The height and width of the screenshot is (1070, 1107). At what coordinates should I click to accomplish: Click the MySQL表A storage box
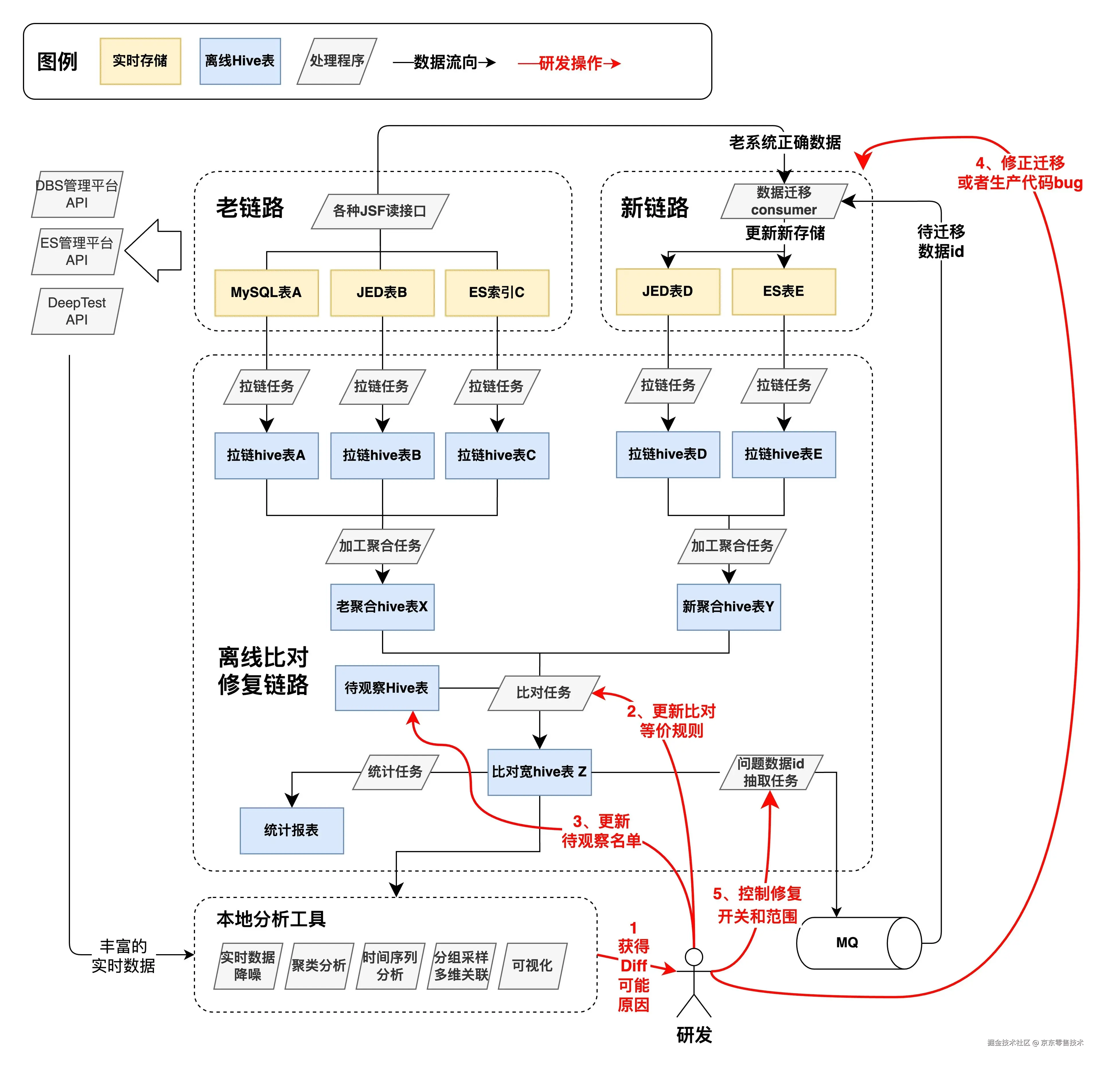(x=266, y=292)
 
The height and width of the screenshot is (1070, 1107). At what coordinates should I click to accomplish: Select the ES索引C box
(x=496, y=292)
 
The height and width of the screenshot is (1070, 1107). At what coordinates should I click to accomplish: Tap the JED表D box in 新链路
(x=668, y=291)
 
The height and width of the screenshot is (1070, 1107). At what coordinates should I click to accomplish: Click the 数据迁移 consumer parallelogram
(x=784, y=201)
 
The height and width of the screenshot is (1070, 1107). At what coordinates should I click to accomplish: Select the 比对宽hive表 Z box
(x=539, y=772)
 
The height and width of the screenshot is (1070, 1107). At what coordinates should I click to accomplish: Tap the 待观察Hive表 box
(x=387, y=688)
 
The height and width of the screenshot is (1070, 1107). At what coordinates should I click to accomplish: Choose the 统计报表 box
(x=291, y=830)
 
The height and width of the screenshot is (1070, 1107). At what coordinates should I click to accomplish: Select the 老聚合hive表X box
(x=382, y=607)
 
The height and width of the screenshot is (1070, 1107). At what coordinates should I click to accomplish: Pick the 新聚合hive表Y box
(x=729, y=607)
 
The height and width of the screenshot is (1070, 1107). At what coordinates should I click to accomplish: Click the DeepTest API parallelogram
(x=77, y=311)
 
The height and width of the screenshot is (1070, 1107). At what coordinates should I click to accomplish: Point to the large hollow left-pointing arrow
(x=153, y=250)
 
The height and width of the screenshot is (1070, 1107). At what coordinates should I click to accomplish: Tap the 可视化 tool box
(x=532, y=966)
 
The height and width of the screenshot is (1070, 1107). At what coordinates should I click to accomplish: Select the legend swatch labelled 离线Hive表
(x=240, y=61)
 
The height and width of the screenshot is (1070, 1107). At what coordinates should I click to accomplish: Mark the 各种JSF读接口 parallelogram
(x=379, y=211)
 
